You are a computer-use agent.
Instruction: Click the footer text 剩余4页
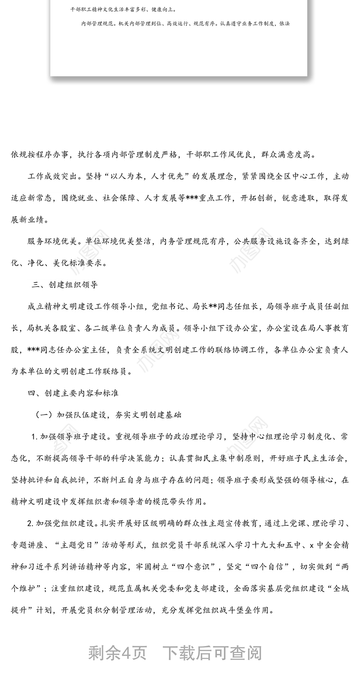coord(117,653)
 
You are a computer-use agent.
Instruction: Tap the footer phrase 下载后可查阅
coord(212,653)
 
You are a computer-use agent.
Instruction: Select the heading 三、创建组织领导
coord(65,285)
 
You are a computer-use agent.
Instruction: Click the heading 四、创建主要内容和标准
coord(73,393)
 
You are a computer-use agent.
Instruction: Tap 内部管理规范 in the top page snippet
coord(95,23)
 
